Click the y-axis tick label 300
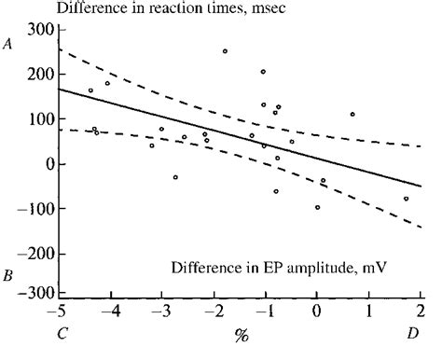tap(40, 31)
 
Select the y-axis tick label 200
tap(40, 76)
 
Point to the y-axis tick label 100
tap(40, 120)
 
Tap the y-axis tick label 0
tap(48, 165)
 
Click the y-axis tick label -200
tap(36, 254)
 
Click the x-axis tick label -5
tap(59, 312)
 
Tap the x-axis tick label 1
tap(369, 312)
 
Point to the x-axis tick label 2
tap(421, 312)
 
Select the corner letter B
tap(8, 276)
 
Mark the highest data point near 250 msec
tap(225, 51)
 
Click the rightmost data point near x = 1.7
tap(406, 199)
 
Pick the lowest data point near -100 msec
tap(317, 207)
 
